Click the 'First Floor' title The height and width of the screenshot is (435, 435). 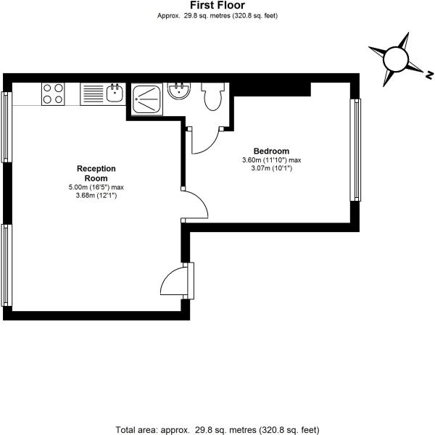tap(217, 5)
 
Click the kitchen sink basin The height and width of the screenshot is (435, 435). tap(114, 93)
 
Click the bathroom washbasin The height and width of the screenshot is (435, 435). tap(177, 91)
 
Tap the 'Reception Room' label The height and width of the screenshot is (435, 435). tap(96, 173)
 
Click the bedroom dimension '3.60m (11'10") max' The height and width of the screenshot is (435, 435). tap(271, 160)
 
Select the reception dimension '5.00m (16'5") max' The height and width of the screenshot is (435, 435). tap(96, 187)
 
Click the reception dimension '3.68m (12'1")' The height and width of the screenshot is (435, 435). tap(96, 195)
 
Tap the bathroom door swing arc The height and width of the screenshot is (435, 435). tap(205, 142)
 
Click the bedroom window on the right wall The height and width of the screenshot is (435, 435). tap(355, 149)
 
